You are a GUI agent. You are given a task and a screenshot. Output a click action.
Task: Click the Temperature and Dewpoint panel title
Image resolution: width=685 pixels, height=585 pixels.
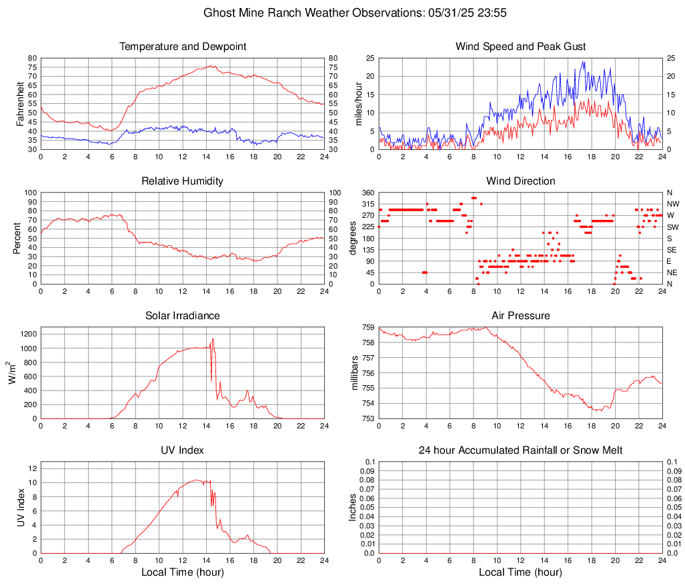click(182, 47)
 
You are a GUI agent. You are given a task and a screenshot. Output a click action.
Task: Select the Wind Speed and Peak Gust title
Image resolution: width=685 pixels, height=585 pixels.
click(520, 47)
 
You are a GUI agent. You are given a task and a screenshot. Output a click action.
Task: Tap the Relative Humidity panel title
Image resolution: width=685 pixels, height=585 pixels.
click(182, 181)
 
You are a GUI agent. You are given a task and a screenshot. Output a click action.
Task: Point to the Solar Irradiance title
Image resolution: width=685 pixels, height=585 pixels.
click(182, 316)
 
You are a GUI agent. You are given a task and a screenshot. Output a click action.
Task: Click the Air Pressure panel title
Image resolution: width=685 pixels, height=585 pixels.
click(520, 316)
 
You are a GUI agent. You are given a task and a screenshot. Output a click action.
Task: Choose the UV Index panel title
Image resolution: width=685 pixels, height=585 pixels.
click(182, 450)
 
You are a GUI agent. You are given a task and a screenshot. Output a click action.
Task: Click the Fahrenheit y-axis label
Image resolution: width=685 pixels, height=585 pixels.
click(20, 104)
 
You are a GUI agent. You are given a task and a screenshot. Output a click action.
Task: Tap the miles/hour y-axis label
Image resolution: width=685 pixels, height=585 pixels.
click(358, 104)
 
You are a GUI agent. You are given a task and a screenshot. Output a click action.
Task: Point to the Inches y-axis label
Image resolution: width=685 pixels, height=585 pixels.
click(354, 508)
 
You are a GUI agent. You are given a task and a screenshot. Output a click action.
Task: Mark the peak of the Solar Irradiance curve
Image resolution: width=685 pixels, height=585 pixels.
click(213, 339)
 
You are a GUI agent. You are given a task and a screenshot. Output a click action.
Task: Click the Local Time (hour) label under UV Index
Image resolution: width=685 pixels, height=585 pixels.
click(182, 572)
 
